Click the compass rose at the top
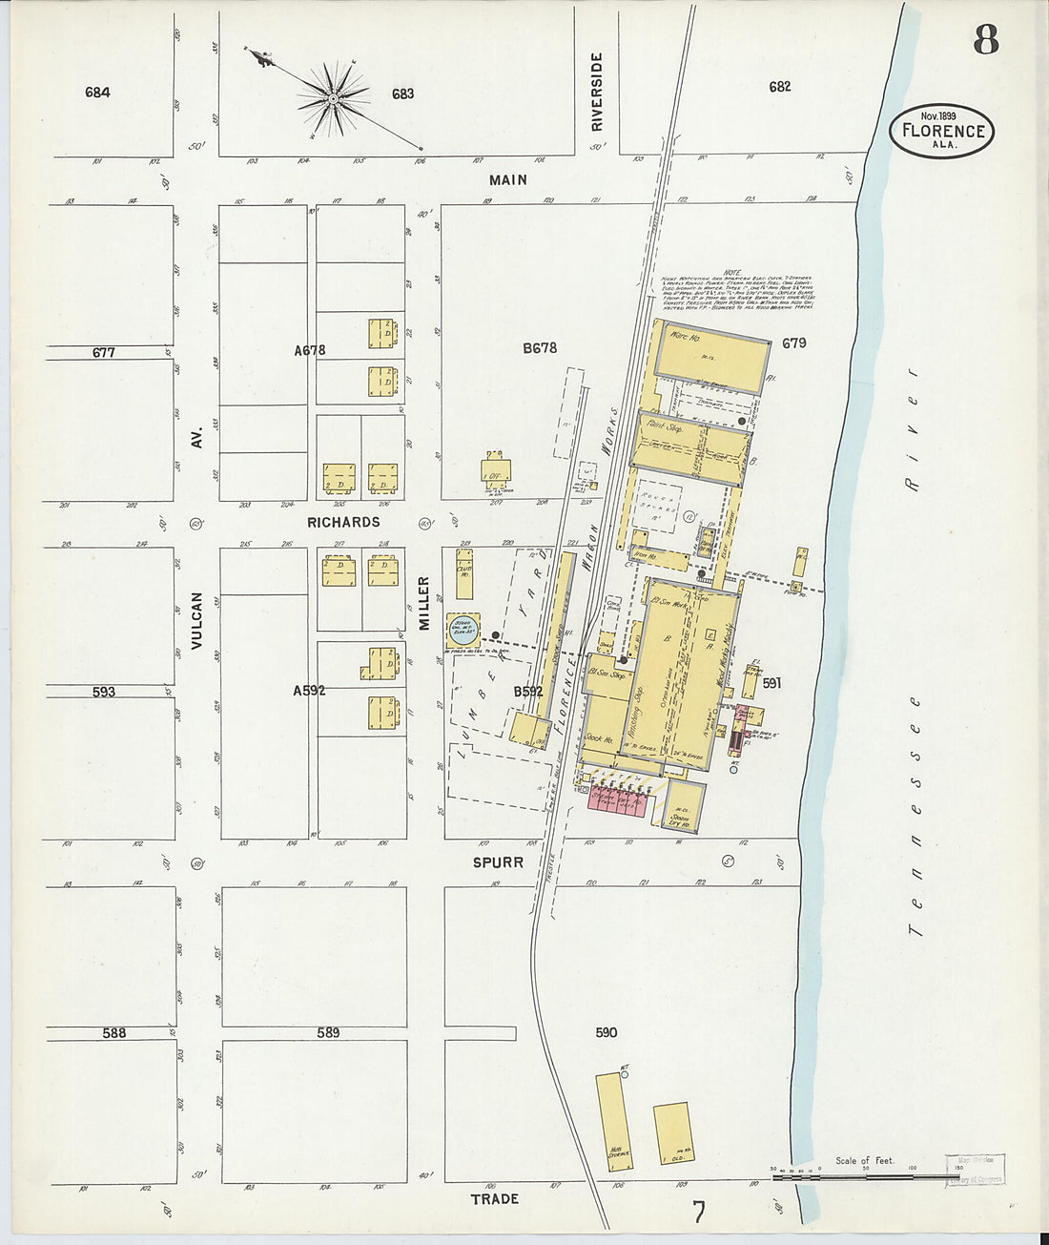(x=333, y=97)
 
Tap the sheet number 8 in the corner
(x=986, y=39)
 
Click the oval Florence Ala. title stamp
(x=942, y=131)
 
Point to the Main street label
(x=507, y=179)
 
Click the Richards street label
(x=343, y=522)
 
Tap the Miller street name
(x=424, y=603)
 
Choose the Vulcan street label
(x=196, y=620)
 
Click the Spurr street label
(x=499, y=861)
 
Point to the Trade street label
(x=494, y=1198)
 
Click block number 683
(x=402, y=93)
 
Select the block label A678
(x=310, y=350)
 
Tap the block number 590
(x=606, y=1032)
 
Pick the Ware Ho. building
(x=711, y=355)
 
